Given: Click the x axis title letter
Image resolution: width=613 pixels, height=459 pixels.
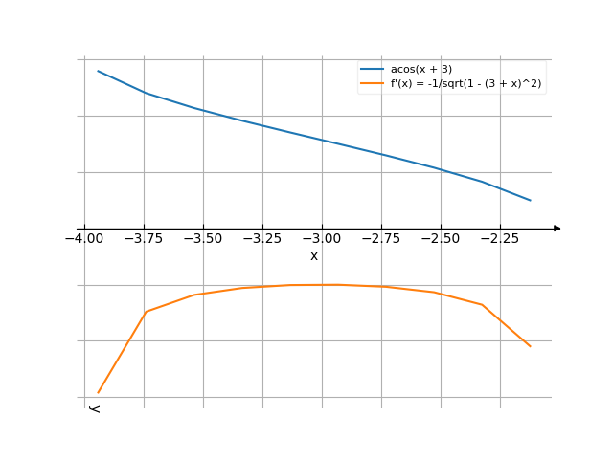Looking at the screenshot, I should tap(314, 255).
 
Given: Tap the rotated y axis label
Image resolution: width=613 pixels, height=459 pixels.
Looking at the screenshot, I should tap(94, 409).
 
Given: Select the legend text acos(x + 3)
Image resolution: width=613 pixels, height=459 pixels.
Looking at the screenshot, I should tap(421, 70).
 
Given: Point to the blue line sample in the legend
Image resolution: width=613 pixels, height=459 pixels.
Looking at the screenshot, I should tap(373, 70).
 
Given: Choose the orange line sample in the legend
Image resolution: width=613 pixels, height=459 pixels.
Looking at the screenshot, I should tap(373, 84).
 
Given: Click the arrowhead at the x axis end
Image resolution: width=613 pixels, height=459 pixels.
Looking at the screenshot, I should tap(557, 229).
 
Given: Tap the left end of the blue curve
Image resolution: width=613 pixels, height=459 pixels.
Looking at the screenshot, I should tap(98, 71).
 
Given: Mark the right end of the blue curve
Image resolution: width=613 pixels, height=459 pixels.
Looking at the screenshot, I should tap(531, 201).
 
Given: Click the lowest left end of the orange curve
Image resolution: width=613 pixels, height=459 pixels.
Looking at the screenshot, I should tap(98, 392).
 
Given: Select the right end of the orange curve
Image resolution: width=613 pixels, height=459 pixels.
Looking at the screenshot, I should tap(531, 346).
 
